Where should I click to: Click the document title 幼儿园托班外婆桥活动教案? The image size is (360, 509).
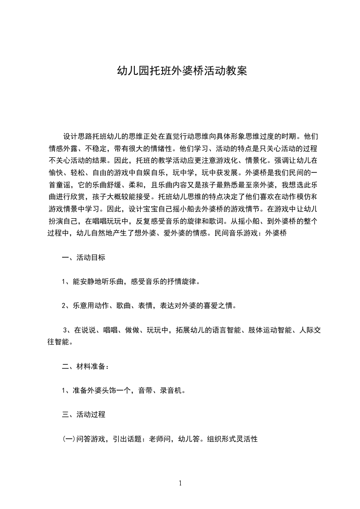tap(182, 71)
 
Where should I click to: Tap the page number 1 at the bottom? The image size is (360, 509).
tap(180, 483)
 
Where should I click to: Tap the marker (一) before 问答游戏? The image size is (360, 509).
tap(68, 439)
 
